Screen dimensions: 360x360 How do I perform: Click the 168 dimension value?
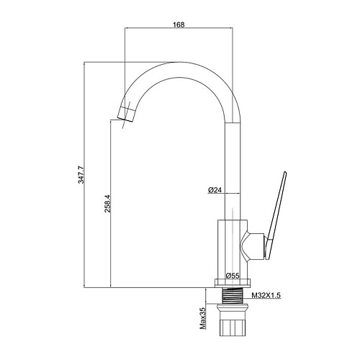(x=179, y=24)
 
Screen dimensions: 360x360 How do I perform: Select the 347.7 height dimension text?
(x=81, y=174)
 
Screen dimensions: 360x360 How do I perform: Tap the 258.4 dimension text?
(x=107, y=204)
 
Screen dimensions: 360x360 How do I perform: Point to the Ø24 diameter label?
(x=215, y=190)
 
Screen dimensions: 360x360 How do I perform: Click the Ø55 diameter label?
(x=233, y=276)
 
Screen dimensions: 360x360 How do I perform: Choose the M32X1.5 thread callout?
(x=266, y=295)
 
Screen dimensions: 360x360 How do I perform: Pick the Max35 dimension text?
(x=203, y=318)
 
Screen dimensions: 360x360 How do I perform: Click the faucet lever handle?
(x=275, y=216)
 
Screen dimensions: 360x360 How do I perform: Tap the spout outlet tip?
(x=126, y=114)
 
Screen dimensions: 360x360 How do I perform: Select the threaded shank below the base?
(x=233, y=296)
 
